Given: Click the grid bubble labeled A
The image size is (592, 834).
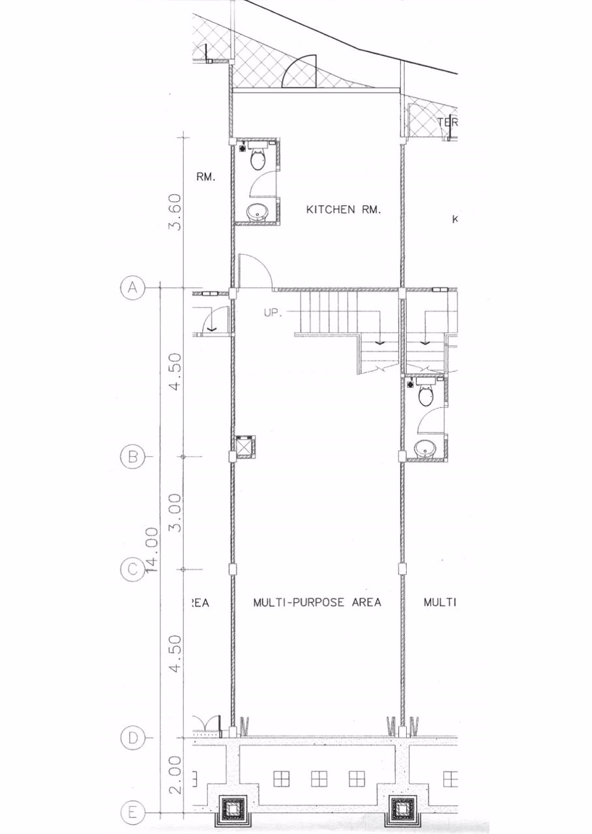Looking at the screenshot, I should [x=132, y=288].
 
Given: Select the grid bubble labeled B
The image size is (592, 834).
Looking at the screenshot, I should [x=132, y=457].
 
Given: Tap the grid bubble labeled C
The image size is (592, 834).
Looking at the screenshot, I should [x=132, y=570].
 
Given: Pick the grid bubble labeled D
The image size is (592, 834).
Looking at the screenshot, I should [x=132, y=738].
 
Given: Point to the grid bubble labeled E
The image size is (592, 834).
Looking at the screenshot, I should [x=132, y=813].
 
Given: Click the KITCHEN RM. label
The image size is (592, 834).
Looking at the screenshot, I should [x=343, y=210].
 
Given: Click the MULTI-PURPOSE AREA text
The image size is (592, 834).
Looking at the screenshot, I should [x=317, y=602].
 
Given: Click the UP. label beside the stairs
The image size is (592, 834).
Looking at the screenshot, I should [x=273, y=313].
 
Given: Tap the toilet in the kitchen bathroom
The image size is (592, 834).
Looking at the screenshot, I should [x=258, y=157].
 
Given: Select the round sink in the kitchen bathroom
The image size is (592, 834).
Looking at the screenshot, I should [x=257, y=212].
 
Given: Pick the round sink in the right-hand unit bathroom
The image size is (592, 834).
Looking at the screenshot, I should [x=425, y=448].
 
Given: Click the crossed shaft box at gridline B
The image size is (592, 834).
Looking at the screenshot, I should [x=245, y=446].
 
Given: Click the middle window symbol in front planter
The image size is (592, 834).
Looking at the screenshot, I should [x=319, y=778].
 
